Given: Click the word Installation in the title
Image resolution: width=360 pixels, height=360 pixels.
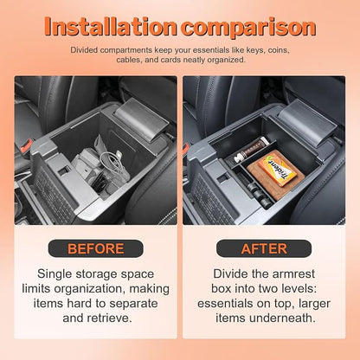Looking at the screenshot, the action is coord(111,27).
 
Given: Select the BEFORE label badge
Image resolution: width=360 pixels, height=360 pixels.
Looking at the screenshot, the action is coord(95,248).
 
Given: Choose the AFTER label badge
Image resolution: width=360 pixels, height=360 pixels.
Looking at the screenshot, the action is coord(264,248).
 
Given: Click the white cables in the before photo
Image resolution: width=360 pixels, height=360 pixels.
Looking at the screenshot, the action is coord(113,167).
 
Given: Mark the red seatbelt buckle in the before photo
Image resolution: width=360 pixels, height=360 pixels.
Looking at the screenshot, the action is coord(27,145).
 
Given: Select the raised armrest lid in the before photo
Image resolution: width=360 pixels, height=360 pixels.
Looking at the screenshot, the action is coord(140,119).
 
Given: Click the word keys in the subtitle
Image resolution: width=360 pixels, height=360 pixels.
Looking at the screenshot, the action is coord(254,50).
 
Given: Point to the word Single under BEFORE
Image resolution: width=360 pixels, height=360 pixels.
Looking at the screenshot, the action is coord(55,274).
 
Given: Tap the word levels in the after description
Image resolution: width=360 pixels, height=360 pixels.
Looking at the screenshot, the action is coord(299,288).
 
